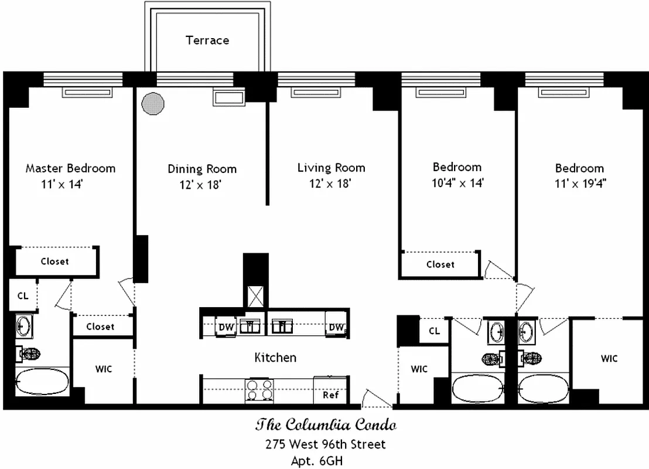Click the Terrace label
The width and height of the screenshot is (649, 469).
click(207, 40)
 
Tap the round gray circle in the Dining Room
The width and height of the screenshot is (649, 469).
click(153, 104)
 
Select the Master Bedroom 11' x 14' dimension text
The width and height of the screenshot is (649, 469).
click(62, 184)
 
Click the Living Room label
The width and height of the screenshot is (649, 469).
click(331, 168)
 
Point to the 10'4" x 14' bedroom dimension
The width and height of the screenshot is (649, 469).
click(457, 183)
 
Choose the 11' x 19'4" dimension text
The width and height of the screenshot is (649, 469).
click(579, 183)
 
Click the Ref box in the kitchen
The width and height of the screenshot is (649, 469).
click(331, 395)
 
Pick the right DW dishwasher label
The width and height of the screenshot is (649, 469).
click(336, 327)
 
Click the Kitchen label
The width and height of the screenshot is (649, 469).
click(275, 357)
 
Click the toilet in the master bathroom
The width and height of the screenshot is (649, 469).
click(29, 354)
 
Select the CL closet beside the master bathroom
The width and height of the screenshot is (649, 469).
click(22, 296)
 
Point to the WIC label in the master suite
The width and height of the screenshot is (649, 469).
click(104, 369)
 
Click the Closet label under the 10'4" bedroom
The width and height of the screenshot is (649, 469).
click(440, 264)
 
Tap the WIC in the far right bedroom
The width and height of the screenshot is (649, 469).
click(609, 358)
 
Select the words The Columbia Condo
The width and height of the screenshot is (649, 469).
click(325, 424)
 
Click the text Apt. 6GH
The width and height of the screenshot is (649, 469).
click(317, 461)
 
